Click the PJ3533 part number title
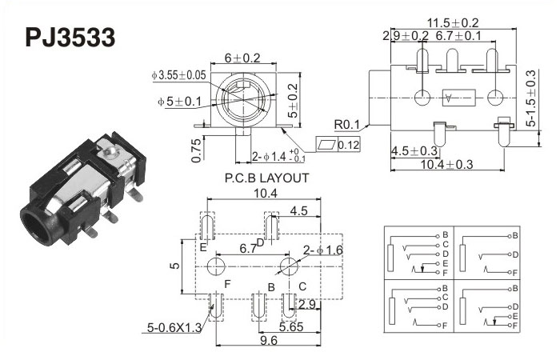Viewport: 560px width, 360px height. tap(70, 38)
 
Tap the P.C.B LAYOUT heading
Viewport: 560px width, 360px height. tap(266, 178)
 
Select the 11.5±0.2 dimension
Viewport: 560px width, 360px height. tap(453, 23)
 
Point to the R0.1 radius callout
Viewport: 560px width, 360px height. tap(346, 125)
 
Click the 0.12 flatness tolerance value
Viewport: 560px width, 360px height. tap(349, 145)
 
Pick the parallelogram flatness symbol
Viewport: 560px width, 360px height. tap(327, 145)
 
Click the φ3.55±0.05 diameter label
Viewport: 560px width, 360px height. tap(178, 75)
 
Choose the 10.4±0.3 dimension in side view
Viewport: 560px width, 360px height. tap(446, 164)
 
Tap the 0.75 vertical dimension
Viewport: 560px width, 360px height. tap(197, 150)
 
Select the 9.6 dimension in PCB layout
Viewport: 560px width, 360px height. tap(269, 340)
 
